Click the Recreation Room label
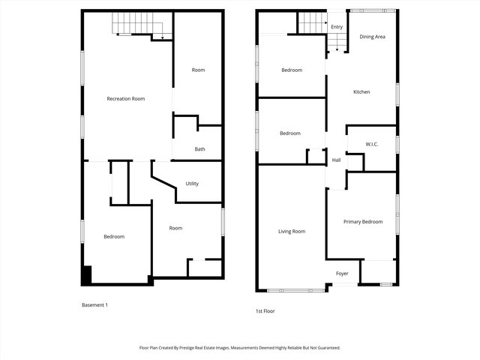[x=126, y=99]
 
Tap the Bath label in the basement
[x=199, y=149]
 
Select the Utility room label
[x=192, y=184]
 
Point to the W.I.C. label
[x=372, y=143]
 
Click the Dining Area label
[x=372, y=37]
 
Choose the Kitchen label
[x=362, y=92]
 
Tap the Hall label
[x=336, y=160]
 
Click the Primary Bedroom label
[x=363, y=222]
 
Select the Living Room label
[x=292, y=232]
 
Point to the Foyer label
[x=342, y=273]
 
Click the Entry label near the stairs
[x=337, y=27]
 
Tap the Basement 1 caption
[x=95, y=305]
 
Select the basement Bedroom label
[x=114, y=237]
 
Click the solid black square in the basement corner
[x=86, y=275]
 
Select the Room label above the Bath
[x=198, y=70]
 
